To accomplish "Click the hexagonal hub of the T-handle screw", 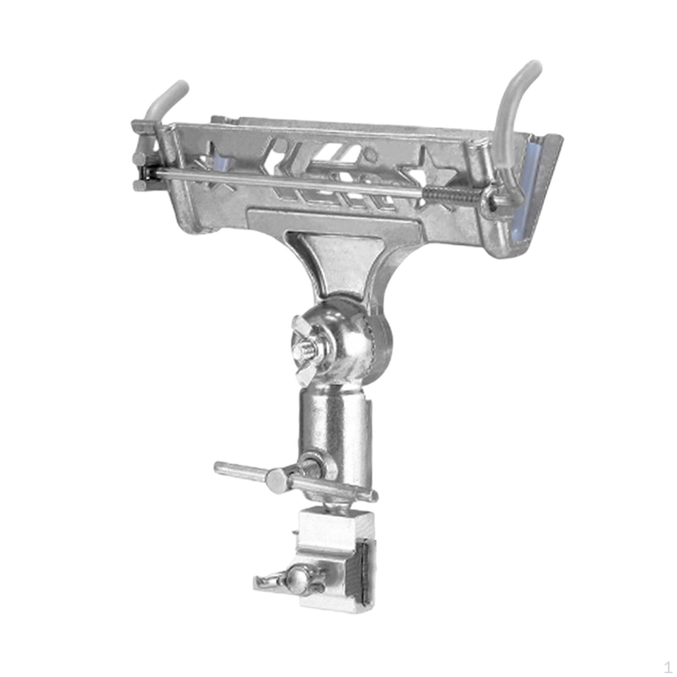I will pos(277,478).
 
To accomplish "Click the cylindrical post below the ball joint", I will pos(334,423).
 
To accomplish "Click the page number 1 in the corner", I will pos(668,667).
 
